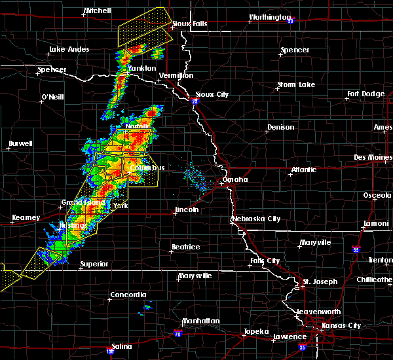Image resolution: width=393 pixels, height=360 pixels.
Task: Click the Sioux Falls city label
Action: (x=185, y=24)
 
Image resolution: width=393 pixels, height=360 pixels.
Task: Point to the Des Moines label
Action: (x=371, y=157)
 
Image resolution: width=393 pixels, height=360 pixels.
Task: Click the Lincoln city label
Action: (x=186, y=210)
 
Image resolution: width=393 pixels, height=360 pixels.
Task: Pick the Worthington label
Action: (x=270, y=18)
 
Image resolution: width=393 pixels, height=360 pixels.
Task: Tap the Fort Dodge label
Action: (x=365, y=94)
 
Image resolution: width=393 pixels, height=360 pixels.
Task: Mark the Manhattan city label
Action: (x=202, y=321)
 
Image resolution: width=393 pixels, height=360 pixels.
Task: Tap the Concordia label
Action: (x=128, y=295)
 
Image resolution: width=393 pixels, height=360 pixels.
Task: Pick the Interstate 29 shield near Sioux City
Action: (x=195, y=101)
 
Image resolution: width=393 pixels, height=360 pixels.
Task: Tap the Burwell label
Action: (x=21, y=143)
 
